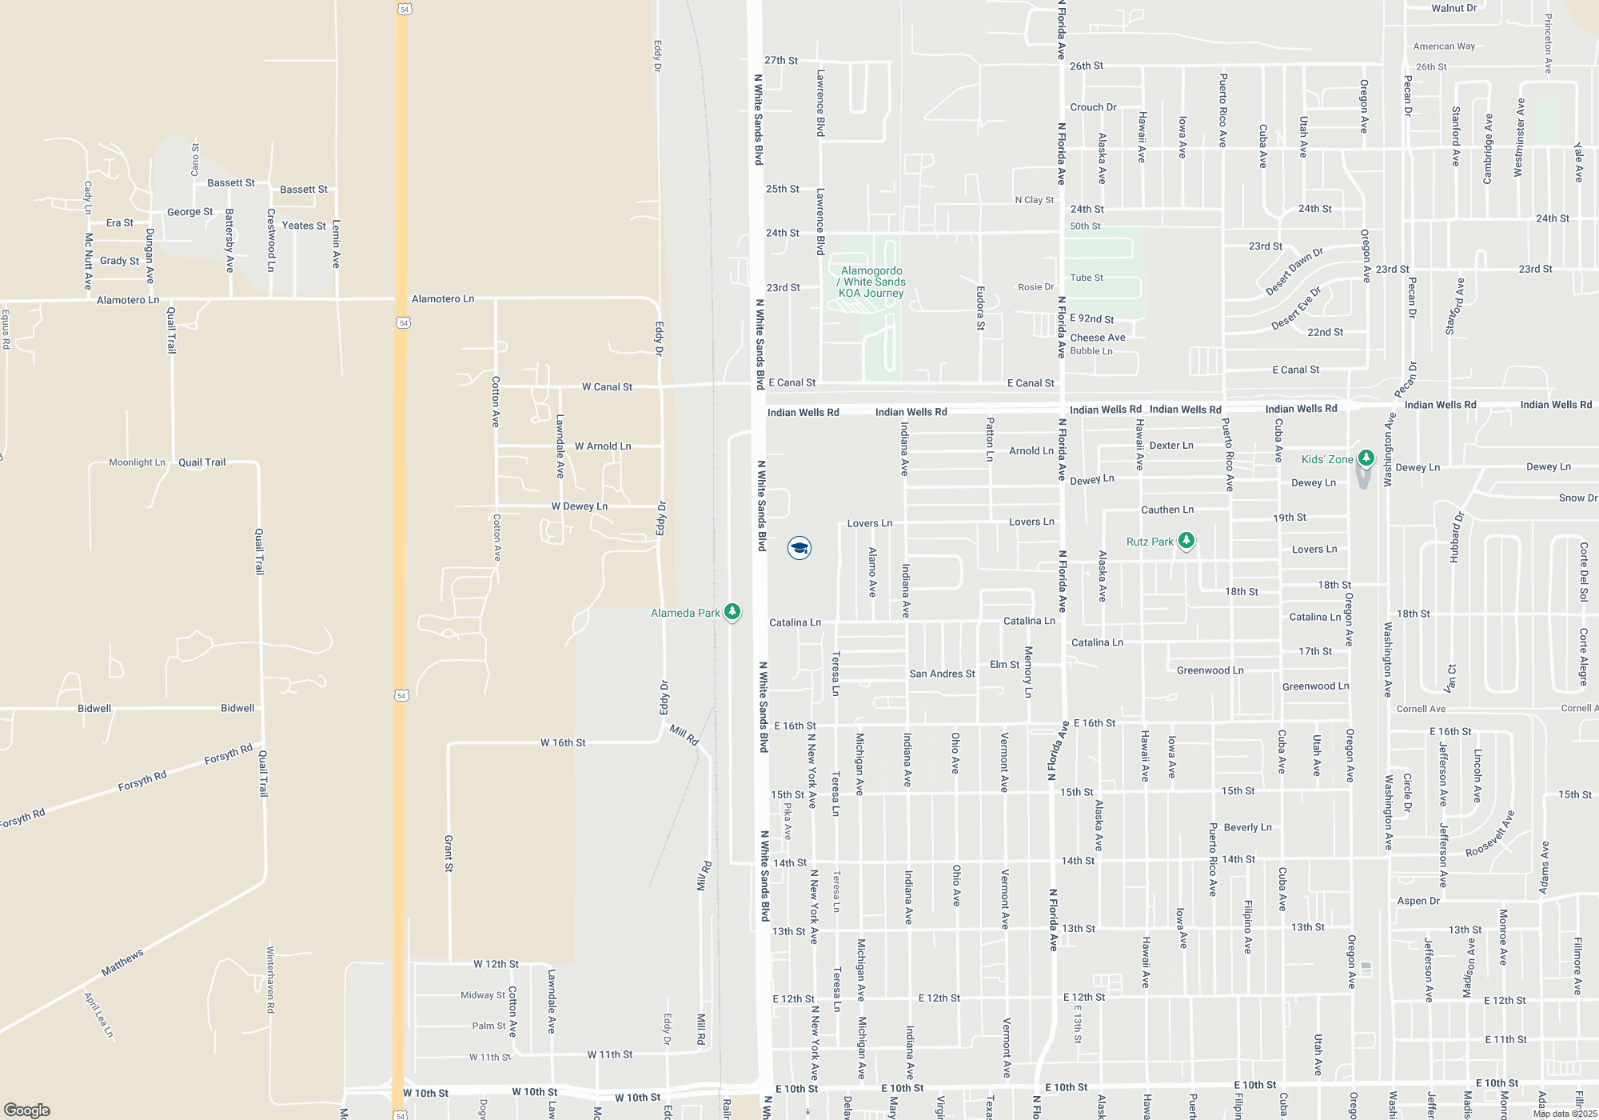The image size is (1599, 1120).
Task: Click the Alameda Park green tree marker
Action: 732,612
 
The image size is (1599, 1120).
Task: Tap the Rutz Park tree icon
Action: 1186,541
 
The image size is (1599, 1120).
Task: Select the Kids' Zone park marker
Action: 1366,458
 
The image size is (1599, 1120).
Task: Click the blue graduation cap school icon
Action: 799,548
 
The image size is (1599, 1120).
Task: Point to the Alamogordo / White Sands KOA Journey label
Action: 872,282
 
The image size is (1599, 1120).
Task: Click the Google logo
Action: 27,1110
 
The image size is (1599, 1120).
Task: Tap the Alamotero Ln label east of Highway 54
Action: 443,298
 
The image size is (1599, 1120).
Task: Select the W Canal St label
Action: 607,387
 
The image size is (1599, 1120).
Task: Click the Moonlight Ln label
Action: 137,462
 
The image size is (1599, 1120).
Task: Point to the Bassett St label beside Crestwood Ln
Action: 304,190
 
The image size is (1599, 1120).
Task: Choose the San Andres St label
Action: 942,674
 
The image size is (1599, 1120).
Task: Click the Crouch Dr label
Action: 1093,107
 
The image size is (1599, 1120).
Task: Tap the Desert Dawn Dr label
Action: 1294,272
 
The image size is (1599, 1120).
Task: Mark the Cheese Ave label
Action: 1098,338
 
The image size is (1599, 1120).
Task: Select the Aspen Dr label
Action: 1418,901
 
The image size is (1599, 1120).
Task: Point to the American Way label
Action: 1444,46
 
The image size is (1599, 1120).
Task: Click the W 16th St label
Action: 563,742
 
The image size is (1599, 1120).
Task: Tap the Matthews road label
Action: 122,962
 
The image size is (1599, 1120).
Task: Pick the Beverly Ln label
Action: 1247,827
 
